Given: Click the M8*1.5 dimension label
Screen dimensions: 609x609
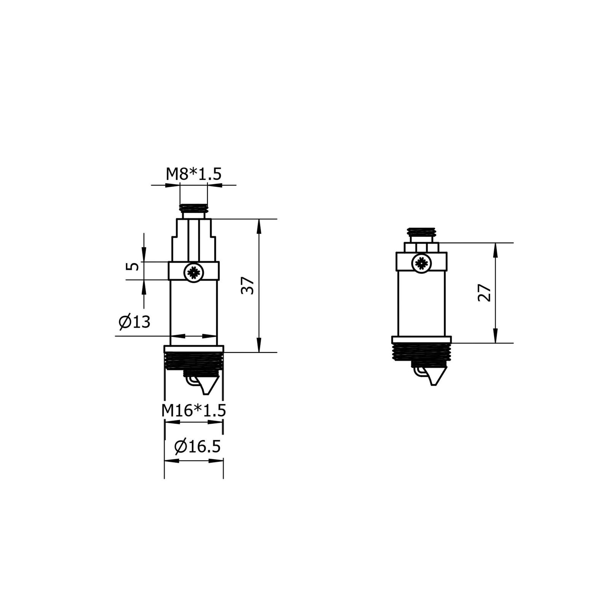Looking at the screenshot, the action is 193,174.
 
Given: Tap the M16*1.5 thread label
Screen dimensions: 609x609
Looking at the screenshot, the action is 193,411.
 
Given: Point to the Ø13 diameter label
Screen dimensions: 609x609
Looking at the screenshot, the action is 134,322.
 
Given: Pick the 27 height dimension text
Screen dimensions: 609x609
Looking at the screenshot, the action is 484,293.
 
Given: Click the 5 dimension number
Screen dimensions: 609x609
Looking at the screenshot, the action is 132,266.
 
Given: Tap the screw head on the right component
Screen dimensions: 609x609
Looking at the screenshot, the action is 421,263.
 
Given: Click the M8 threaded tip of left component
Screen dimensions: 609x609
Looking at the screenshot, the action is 194,208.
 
